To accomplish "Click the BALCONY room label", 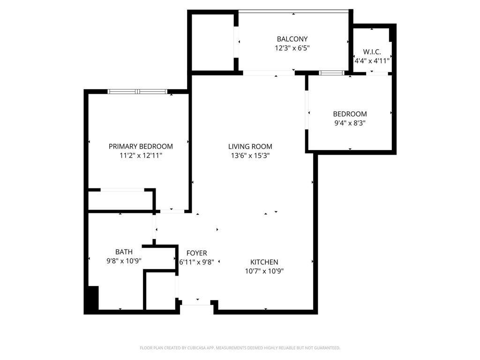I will (292, 39).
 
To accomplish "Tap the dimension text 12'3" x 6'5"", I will (292, 48).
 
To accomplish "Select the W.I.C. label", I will (372, 52).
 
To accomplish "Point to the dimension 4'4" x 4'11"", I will (372, 60).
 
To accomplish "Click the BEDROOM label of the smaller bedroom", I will (350, 114).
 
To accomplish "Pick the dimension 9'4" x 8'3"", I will (350, 123).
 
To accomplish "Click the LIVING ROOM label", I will (250, 146).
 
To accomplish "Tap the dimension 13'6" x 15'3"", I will (250, 156).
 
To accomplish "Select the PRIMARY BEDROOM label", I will (141, 146).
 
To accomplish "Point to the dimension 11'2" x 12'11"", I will (141, 156).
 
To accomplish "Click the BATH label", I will (124, 252).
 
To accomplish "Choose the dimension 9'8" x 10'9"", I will (124, 261).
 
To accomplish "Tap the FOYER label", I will (196, 253).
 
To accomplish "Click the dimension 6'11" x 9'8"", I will (196, 262).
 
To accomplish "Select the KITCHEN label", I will (264, 262).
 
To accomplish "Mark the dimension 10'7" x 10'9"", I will (264, 271).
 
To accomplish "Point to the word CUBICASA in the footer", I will (195, 348).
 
